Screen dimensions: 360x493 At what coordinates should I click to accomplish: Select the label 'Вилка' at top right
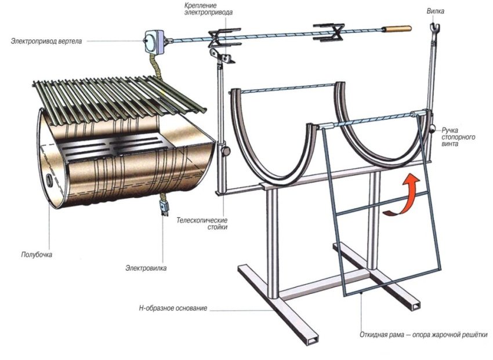[x=432, y=10]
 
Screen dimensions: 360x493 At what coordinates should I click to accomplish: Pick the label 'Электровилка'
[x=144, y=268]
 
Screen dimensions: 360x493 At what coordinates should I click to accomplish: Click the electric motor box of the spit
[x=153, y=39]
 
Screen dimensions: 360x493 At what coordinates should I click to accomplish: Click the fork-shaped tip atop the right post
[x=432, y=28]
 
